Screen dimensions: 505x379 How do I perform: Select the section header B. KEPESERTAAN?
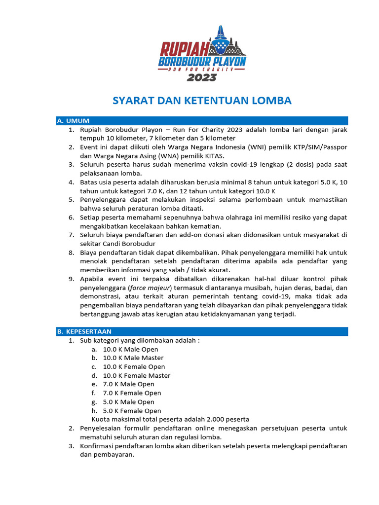84,331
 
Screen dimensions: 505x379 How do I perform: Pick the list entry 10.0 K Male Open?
130,349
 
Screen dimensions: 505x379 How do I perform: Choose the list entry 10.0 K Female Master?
136,376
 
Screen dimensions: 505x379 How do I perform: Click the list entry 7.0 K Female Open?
132,393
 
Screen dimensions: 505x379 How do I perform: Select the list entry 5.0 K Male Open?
128,402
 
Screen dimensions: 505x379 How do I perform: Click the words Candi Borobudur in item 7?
131,244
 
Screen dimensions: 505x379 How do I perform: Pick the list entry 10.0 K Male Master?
133,358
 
